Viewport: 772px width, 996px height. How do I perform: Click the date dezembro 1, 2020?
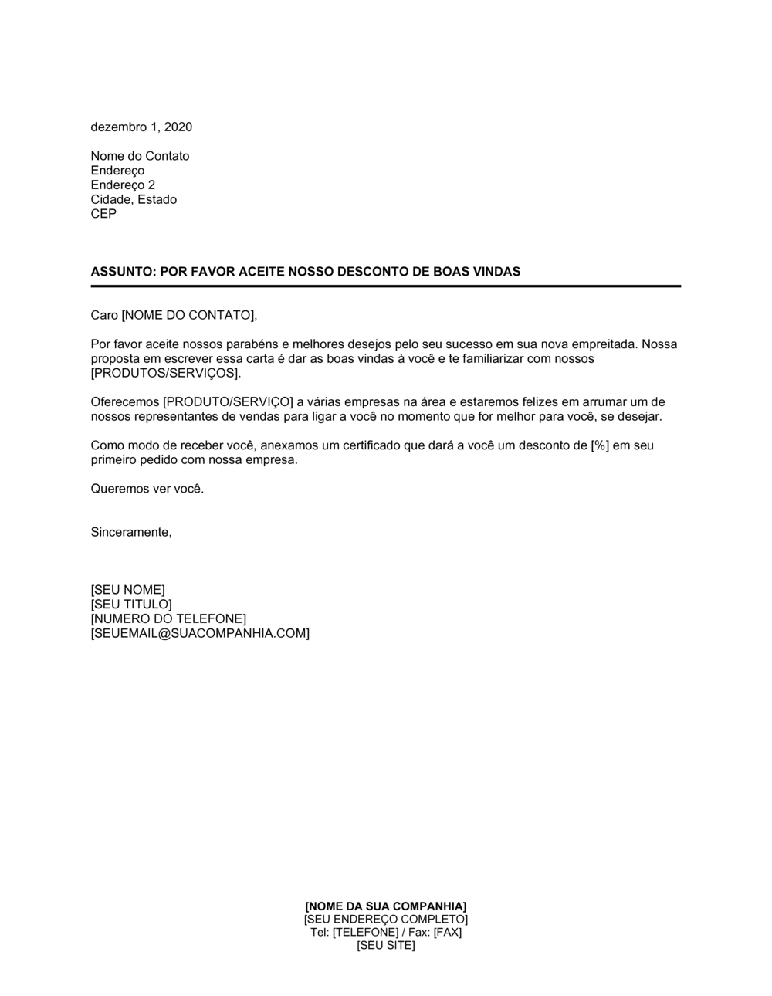tap(141, 127)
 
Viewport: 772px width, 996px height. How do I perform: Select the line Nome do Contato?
tap(140, 156)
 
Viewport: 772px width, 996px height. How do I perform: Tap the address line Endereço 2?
tap(123, 185)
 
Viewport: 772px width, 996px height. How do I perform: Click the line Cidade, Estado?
tap(134, 199)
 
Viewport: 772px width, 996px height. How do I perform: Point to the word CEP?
tap(103, 214)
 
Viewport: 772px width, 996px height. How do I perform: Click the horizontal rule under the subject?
tap(386, 286)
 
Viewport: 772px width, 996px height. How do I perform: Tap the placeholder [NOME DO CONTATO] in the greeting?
tap(188, 315)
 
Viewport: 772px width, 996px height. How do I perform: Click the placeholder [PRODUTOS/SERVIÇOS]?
tap(165, 373)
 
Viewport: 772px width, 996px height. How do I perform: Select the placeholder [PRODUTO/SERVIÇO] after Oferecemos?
tap(229, 402)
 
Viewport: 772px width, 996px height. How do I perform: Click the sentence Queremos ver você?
tap(147, 489)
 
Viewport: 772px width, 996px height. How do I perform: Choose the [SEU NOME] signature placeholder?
tap(128, 591)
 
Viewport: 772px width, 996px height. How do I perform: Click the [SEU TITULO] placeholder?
tap(131, 605)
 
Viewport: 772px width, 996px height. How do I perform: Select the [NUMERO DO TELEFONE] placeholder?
tap(168, 619)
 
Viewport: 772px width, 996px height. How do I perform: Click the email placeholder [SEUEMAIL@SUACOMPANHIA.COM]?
tap(200, 634)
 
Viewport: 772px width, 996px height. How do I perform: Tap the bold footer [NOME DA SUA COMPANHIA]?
tap(386, 906)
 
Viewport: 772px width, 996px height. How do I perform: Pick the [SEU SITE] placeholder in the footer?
tap(386, 946)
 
